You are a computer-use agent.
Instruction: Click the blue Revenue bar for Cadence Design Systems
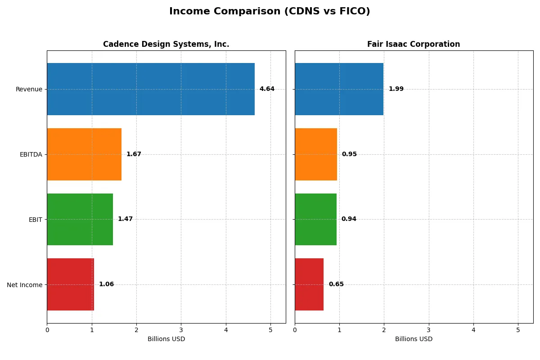pos(151,89)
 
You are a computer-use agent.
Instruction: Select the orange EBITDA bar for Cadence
pos(84,154)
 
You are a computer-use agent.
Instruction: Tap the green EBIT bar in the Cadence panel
pos(80,219)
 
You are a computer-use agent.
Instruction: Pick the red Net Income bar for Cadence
pos(71,284)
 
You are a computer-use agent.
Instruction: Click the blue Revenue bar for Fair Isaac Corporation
pos(339,89)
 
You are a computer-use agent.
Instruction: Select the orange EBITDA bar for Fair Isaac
pos(316,154)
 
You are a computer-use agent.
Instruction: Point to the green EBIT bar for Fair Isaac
pos(315,219)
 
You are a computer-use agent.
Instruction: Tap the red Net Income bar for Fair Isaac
pos(309,284)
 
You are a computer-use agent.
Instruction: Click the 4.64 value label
pos(267,89)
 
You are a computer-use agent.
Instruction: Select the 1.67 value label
pos(134,154)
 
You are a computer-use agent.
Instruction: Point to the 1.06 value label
pos(106,284)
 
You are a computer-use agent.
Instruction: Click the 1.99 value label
pos(396,89)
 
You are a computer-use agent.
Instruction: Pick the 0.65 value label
pos(336,284)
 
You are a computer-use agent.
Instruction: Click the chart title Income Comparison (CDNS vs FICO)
pos(270,12)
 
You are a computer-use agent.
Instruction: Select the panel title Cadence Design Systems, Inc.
pos(166,44)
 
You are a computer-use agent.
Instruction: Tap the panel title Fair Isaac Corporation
pos(414,44)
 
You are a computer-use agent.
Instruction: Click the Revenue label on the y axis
pos(29,89)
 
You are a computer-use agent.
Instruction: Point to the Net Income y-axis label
pos(25,285)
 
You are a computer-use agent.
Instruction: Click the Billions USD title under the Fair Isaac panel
pos(414,339)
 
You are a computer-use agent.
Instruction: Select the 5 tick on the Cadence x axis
pos(270,330)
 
